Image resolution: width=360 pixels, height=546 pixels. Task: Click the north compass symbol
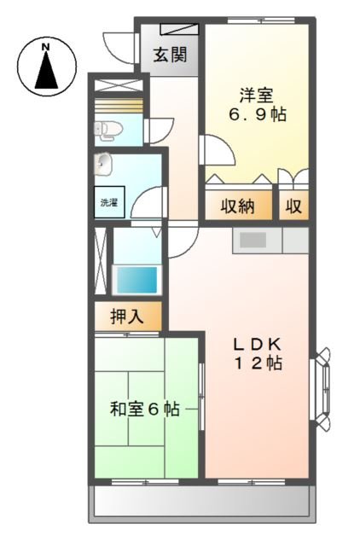(46, 67)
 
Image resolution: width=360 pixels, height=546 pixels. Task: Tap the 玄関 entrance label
(170, 56)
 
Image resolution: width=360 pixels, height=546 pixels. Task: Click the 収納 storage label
(238, 207)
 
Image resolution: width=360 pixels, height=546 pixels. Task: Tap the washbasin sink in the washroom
(105, 163)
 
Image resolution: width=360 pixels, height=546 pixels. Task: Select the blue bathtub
(136, 279)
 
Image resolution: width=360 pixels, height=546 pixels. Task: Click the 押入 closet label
(127, 317)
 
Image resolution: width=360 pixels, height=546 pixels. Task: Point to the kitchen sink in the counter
(253, 240)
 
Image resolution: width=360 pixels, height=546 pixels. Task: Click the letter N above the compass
(46, 45)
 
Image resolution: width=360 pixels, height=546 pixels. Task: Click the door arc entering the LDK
(181, 242)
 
